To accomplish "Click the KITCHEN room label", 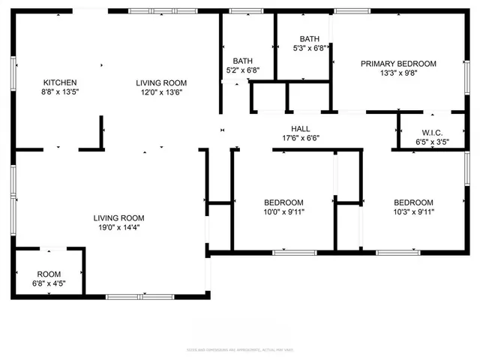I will tap(60, 82).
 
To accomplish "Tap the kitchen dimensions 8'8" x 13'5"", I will tap(60, 92).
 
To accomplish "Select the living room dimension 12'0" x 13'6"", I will tap(161, 92).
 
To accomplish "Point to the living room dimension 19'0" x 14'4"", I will tap(117, 227).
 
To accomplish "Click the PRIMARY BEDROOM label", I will tap(398, 64).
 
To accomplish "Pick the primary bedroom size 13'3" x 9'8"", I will tap(398, 73).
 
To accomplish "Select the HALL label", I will tap(301, 128).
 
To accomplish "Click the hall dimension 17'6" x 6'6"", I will tap(301, 138).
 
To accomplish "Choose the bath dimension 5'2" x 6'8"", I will tap(243, 70).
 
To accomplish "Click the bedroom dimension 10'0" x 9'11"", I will tap(283, 212).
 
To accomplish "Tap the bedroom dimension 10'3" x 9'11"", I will tap(413, 212).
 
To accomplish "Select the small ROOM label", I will tap(49, 274).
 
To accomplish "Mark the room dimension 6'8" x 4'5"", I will tap(49, 283).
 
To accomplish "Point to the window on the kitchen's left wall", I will tap(13, 75).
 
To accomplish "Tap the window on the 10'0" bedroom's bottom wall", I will tap(290, 252).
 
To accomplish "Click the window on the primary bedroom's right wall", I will tap(466, 75).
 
